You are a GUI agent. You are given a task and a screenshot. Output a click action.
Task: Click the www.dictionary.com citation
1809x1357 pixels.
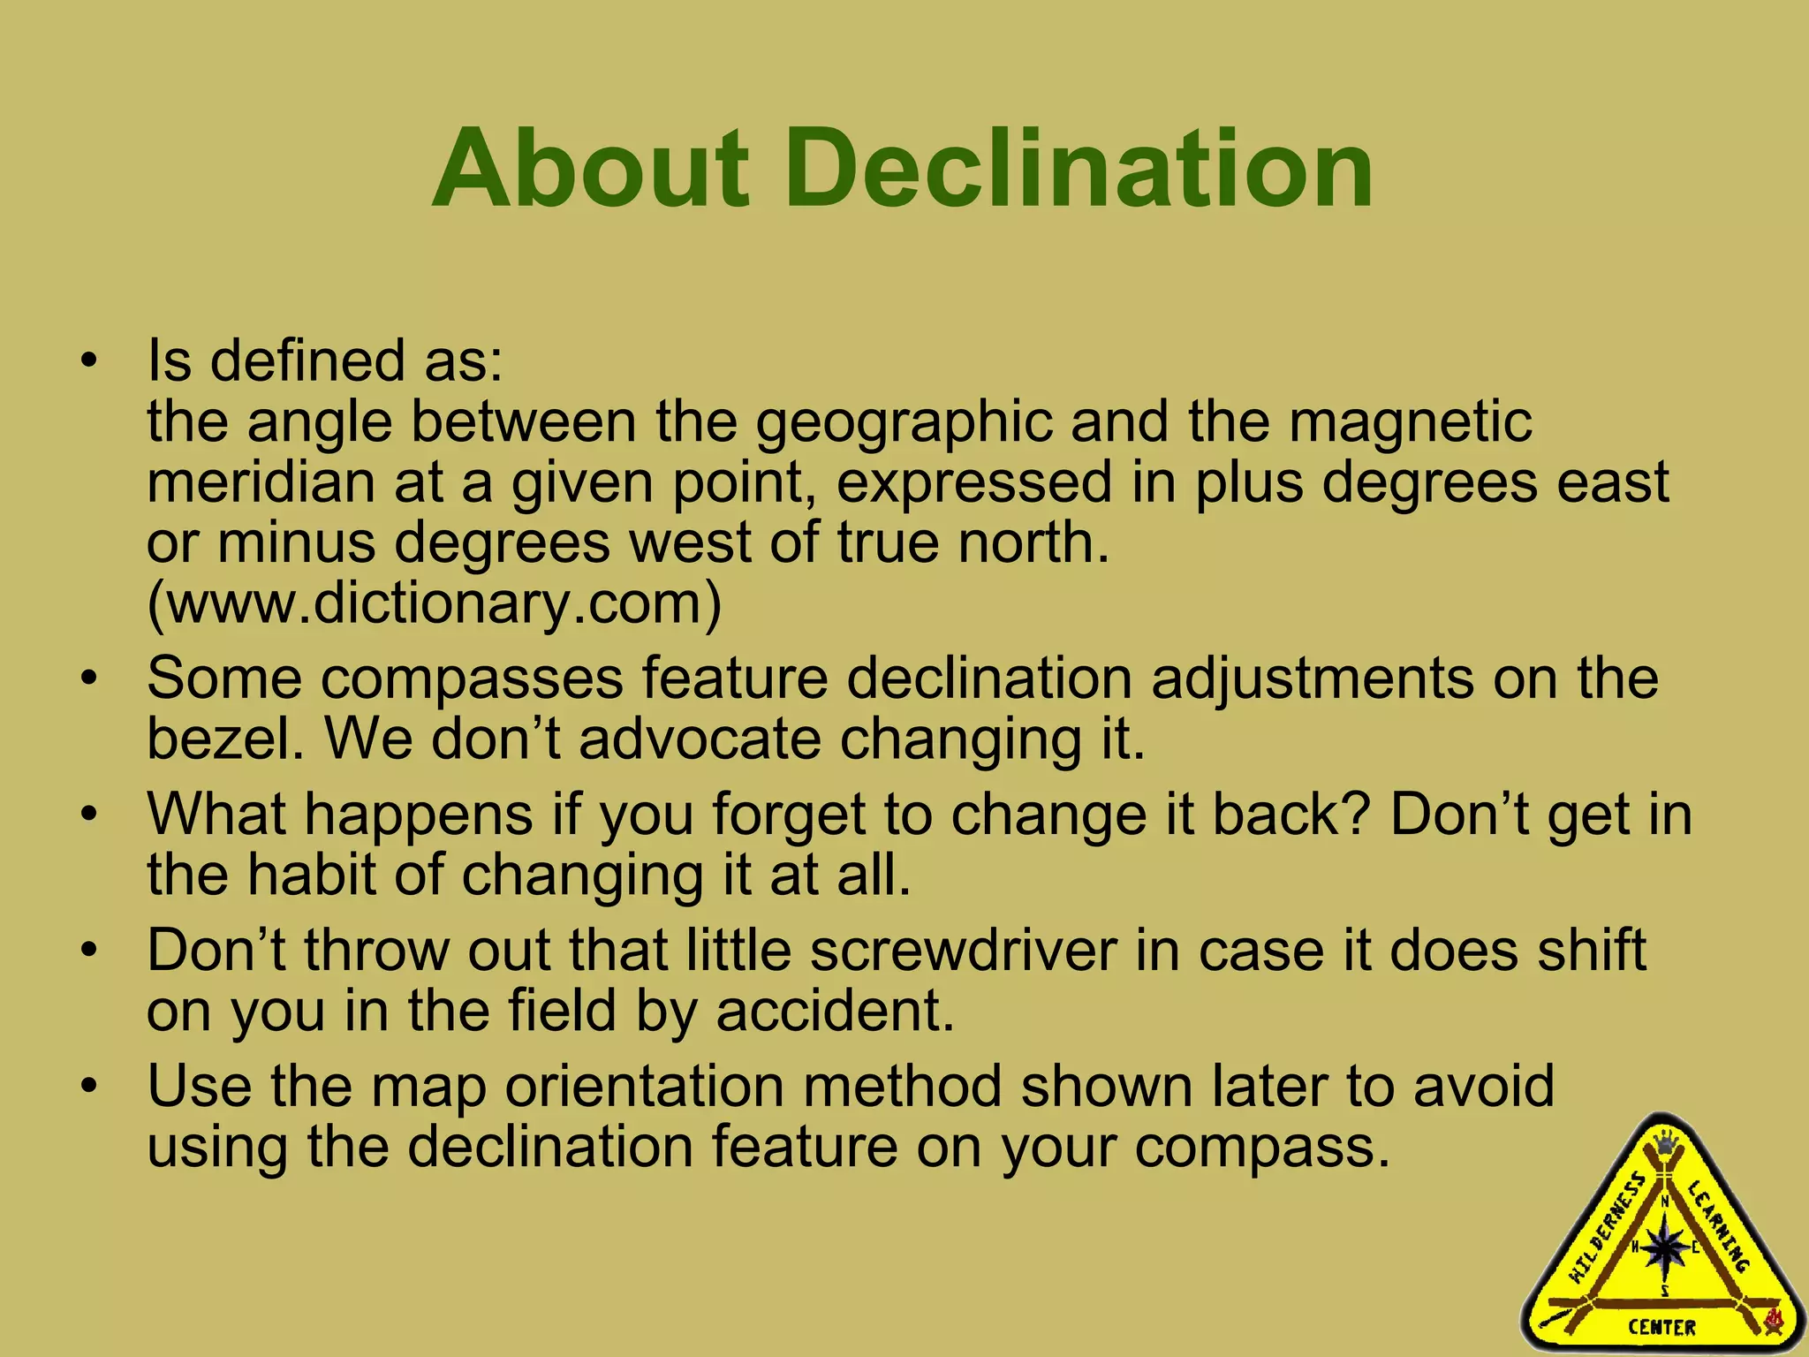(x=434, y=603)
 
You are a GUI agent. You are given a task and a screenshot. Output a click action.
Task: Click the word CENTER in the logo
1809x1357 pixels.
(x=1662, y=1327)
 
